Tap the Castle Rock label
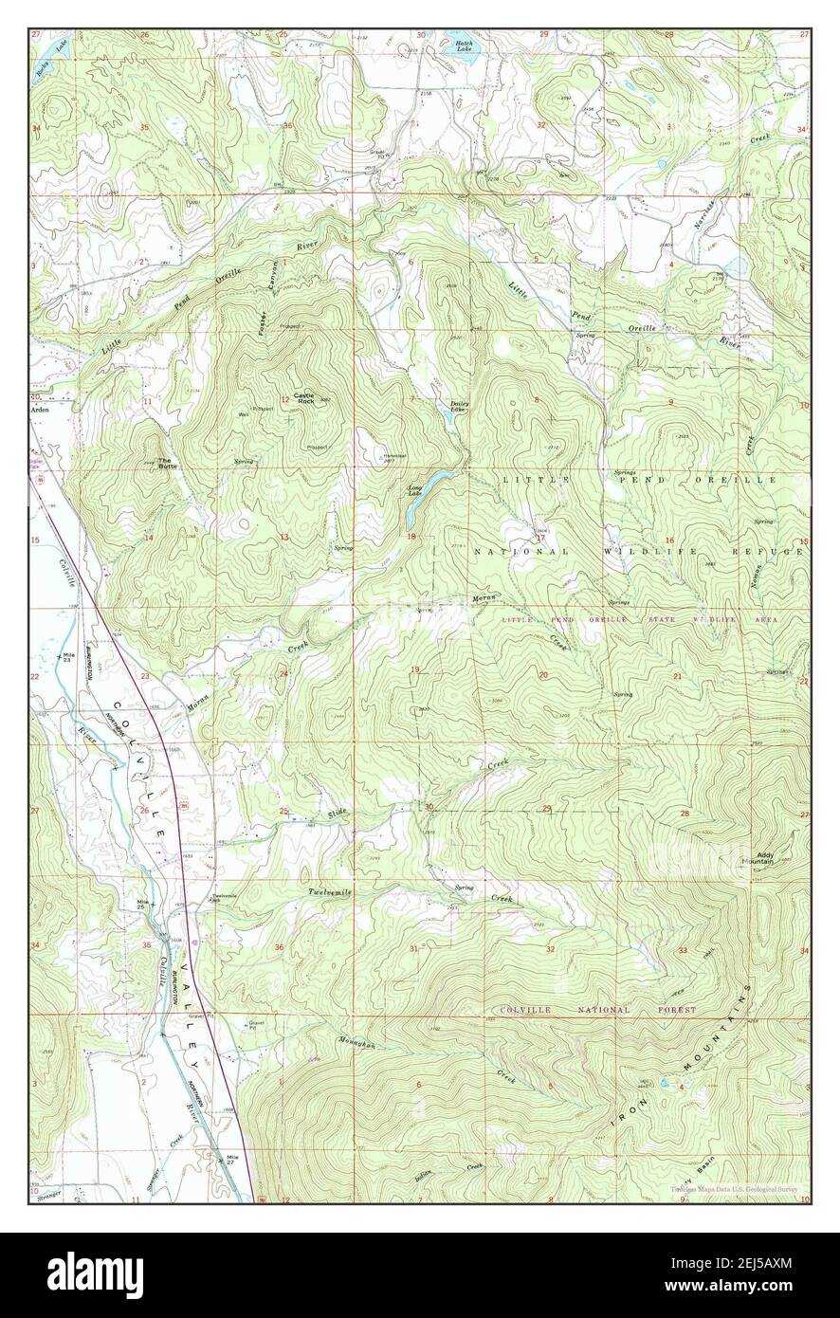pos(303,398)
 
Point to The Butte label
pos(167,464)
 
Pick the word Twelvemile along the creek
pos(329,893)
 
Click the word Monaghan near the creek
pos(356,1043)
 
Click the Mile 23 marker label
pos(66,658)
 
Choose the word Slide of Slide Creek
pos(338,815)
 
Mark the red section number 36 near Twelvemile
pos(280,947)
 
